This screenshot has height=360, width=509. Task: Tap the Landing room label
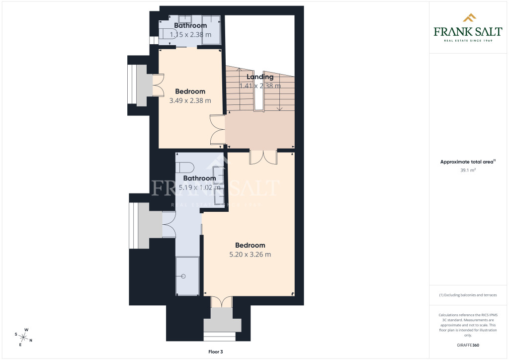259,77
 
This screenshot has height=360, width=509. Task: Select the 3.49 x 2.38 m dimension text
190,100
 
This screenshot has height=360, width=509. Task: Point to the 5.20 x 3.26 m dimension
250,255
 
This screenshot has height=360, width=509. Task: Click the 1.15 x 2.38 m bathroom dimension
190,34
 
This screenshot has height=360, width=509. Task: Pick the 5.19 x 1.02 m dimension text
200,187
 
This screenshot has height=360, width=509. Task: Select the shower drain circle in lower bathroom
183,276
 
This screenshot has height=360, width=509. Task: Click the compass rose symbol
23,337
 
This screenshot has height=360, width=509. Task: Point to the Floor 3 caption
216,352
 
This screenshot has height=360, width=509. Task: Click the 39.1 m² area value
468,170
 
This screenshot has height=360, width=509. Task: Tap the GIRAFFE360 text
468,345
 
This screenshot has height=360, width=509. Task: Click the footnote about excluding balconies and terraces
468,295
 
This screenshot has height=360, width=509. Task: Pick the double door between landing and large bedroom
263,157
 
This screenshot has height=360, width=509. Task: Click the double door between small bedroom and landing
218,129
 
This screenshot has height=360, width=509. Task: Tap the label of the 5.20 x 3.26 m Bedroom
250,246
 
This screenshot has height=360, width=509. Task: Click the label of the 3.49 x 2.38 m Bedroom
190,91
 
